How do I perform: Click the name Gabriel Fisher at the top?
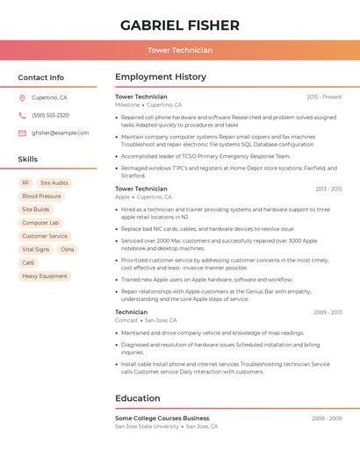pos(179,25)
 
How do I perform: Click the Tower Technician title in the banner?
pos(179,51)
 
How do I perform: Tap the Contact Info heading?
pos(41,77)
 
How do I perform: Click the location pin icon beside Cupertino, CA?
pos(22,97)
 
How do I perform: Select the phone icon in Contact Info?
pos(22,115)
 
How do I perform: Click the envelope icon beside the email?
pos(22,133)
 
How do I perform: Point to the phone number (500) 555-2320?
pos(50,115)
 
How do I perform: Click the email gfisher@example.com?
pos(60,133)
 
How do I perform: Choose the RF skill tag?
pos(25,183)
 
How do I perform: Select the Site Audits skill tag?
pos(54,183)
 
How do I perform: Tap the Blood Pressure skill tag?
pos(41,197)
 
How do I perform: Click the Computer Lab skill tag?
pos(40,223)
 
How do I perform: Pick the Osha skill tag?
pos(68,249)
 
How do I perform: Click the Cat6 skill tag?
pos(28,262)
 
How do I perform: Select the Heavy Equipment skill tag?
pos(44,275)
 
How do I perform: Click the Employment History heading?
pos(161,77)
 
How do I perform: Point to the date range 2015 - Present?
pos(324,97)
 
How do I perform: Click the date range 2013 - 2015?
pos(328,189)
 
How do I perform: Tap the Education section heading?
pos(138,398)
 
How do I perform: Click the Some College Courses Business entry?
pos(162,418)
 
